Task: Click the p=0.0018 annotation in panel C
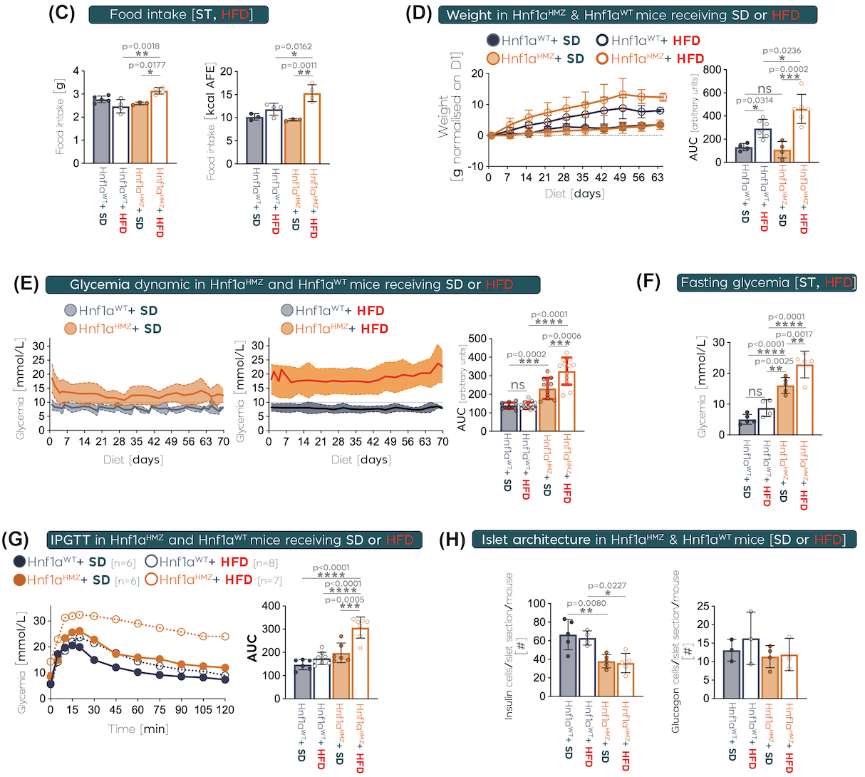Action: click(x=142, y=46)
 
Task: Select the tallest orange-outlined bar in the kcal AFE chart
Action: click(x=311, y=128)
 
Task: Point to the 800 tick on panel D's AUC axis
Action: click(x=712, y=70)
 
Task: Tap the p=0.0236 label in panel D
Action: click(x=782, y=51)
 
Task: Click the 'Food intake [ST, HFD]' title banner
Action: click(x=179, y=14)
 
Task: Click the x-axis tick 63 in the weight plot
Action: click(x=657, y=177)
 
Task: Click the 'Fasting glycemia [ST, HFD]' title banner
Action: click(x=767, y=283)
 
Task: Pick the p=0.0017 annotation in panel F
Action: click(x=794, y=334)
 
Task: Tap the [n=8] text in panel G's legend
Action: click(x=265, y=562)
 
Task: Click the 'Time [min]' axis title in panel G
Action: click(x=138, y=729)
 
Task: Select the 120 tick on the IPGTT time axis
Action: click(x=226, y=710)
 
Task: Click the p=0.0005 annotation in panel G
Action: click(x=344, y=600)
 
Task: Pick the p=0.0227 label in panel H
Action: click(x=607, y=586)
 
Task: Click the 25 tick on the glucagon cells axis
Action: click(x=704, y=607)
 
